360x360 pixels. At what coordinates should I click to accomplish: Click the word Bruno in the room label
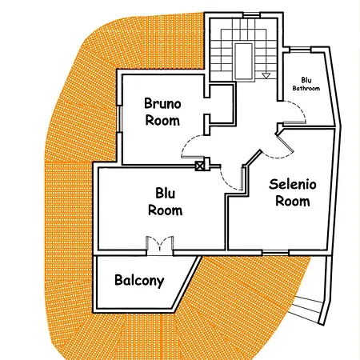point(162,103)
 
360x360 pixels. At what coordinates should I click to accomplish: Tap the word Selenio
point(293,184)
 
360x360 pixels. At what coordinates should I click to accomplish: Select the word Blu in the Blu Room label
point(166,194)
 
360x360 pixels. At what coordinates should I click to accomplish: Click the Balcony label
point(139,281)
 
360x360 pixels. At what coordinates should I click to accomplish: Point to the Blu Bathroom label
point(306,84)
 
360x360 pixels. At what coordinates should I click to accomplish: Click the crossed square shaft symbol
point(200,166)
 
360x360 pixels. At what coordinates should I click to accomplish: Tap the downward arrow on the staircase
point(266,76)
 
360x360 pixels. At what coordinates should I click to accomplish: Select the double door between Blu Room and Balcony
point(160,246)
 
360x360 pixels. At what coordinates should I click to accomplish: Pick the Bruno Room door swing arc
point(186,142)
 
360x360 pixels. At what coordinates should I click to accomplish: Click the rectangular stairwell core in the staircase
point(243,62)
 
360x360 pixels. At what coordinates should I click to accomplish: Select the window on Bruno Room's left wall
point(120,118)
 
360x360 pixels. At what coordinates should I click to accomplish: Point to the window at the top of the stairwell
point(251,15)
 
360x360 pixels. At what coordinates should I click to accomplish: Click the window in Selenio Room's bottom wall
point(275,252)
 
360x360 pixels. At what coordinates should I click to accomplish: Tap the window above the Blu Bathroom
point(300,50)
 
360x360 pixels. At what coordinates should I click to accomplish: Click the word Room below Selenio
point(293,201)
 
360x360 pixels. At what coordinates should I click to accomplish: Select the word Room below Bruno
point(162,121)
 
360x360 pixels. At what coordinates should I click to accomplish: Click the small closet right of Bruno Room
point(222,105)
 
